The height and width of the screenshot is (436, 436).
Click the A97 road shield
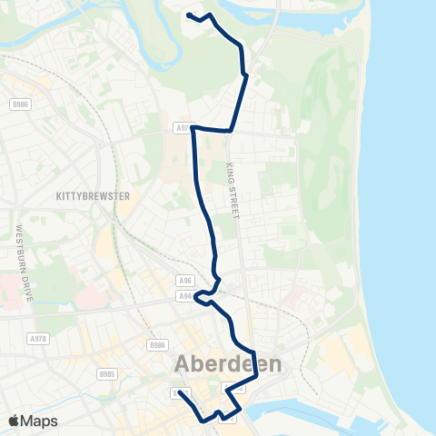coord(182,128)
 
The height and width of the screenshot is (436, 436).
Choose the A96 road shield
coord(185,281)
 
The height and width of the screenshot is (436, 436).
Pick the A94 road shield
coord(185,295)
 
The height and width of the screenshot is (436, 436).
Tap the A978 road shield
coord(37,338)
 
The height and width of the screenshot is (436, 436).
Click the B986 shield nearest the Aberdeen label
coord(158,345)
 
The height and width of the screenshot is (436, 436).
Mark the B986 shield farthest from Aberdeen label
coord(20,105)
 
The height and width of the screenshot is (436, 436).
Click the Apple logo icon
coord(15,421)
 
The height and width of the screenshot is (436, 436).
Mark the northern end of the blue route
coord(188,15)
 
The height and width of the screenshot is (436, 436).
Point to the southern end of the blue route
coord(180,392)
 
